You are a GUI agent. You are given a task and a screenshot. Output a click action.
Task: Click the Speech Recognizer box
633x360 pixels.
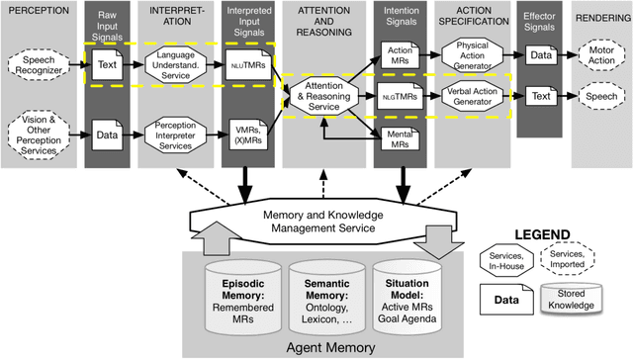[38, 66]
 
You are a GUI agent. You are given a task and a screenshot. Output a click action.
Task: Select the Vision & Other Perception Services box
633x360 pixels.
[39, 132]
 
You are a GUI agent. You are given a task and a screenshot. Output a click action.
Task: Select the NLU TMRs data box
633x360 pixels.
[247, 65]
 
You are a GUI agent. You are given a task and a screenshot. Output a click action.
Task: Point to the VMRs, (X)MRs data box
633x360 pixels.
[247, 132]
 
